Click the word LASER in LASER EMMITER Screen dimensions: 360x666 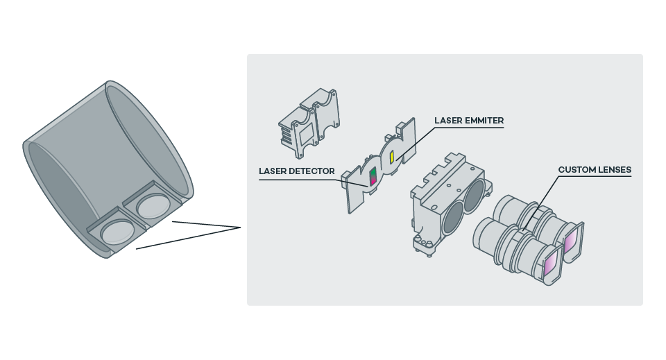(448, 121)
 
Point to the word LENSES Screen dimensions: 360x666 (614, 169)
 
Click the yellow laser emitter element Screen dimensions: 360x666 (392, 157)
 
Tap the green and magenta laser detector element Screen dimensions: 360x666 (373, 176)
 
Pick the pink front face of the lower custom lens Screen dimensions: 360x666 (552, 264)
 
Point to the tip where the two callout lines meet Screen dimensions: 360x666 (240, 227)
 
